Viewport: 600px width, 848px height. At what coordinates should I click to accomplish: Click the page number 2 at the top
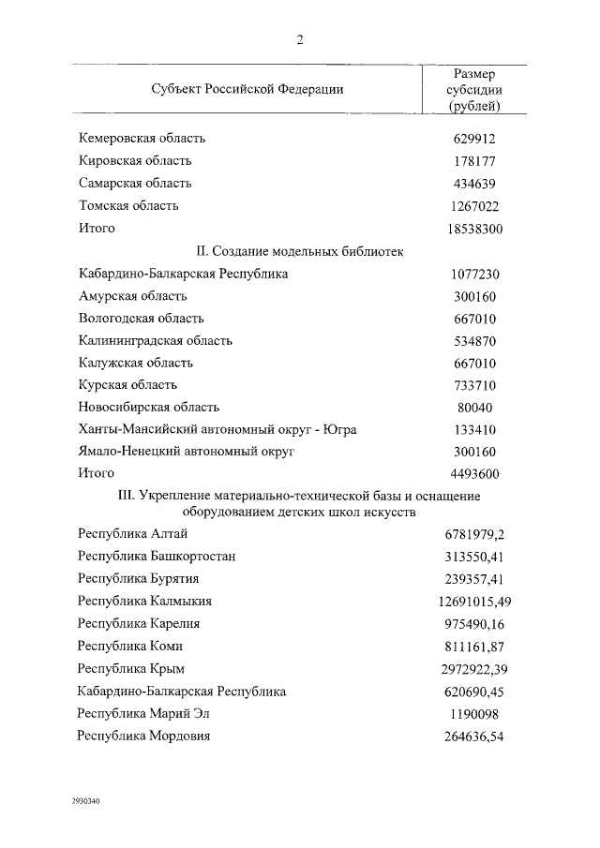(300, 39)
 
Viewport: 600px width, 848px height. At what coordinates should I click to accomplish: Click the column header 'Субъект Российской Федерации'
(247, 89)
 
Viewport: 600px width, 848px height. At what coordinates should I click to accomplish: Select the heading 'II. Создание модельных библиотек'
(300, 251)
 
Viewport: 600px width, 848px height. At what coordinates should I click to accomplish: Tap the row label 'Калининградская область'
(156, 340)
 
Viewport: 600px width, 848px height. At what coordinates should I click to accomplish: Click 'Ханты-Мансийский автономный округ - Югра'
(217, 429)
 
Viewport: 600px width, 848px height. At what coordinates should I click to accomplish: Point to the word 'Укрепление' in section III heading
(179, 495)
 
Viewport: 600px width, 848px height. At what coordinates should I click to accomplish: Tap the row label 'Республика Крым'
(131, 668)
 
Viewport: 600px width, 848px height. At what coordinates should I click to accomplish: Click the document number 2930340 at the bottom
(85, 802)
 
